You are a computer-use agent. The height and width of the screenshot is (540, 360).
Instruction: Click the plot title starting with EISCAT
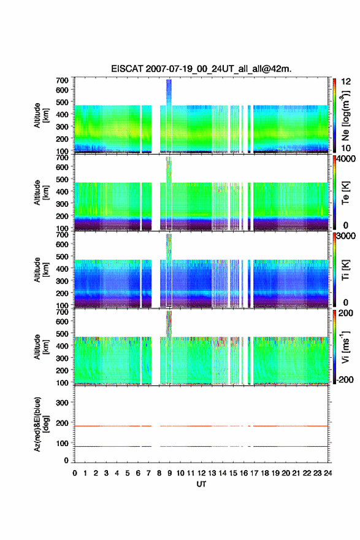201,69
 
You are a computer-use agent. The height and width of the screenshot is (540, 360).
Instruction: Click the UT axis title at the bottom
201,484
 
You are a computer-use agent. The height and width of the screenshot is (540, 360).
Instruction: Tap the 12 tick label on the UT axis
201,473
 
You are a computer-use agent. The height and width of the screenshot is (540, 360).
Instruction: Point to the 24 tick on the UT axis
327,473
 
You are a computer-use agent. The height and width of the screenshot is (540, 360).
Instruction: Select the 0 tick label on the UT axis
75,473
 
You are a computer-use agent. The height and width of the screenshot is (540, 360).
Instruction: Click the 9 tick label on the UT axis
170,473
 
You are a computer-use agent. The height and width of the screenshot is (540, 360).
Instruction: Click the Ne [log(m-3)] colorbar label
345,115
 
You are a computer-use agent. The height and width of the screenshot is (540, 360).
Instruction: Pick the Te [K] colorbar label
345,193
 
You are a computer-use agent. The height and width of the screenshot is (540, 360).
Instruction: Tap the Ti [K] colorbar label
345,269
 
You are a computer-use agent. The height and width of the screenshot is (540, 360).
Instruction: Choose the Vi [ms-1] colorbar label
345,347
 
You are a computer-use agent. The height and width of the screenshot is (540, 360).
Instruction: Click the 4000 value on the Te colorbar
347,159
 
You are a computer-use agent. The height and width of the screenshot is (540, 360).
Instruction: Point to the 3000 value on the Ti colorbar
347,236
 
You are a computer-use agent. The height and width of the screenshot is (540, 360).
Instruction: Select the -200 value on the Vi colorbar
345,379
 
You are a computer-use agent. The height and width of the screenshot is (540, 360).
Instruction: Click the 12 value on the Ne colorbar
347,82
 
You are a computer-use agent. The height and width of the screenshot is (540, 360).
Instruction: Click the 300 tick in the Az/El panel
63,403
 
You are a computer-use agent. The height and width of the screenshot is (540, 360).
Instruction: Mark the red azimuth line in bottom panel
201,426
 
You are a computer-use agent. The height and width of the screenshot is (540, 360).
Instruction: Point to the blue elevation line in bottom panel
201,446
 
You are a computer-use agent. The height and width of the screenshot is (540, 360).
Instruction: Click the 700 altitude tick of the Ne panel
63,80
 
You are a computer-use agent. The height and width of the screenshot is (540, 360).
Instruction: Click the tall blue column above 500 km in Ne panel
169,92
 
